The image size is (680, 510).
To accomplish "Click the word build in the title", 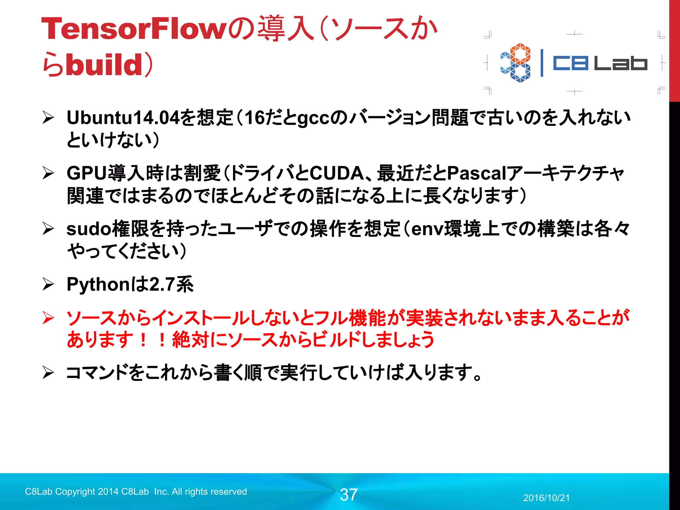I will pos(104,64).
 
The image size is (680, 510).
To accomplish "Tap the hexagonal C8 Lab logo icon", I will pos(516,62).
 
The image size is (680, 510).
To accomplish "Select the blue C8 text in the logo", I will pos(570,63).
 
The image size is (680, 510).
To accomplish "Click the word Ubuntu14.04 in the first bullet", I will pos(123,118).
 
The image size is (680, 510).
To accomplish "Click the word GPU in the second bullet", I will pos(87,173).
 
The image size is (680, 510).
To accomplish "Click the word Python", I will pos(98,285).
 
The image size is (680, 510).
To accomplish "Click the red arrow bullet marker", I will pos(48,318).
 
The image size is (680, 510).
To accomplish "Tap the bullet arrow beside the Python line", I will pos(48,284).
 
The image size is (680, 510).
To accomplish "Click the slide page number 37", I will pos(349,495).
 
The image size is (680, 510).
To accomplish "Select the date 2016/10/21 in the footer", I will pos(547,498).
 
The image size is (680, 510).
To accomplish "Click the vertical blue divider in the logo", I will pos(542,63).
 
